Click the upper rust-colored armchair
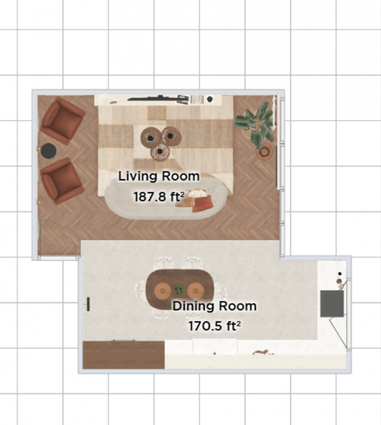(x=62, y=121)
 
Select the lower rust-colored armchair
(x=62, y=180)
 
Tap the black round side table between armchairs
(x=49, y=151)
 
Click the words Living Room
(x=159, y=176)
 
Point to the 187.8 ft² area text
(x=159, y=197)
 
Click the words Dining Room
(x=214, y=306)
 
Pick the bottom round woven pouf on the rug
(x=160, y=153)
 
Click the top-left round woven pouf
(x=151, y=138)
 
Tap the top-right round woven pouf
(x=171, y=137)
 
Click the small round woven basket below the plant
(x=264, y=153)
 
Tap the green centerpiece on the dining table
(x=179, y=290)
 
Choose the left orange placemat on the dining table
(x=162, y=290)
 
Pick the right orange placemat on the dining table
(x=196, y=290)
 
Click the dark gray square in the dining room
(x=332, y=304)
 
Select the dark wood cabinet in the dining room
(x=124, y=355)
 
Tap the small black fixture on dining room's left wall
(x=88, y=304)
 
